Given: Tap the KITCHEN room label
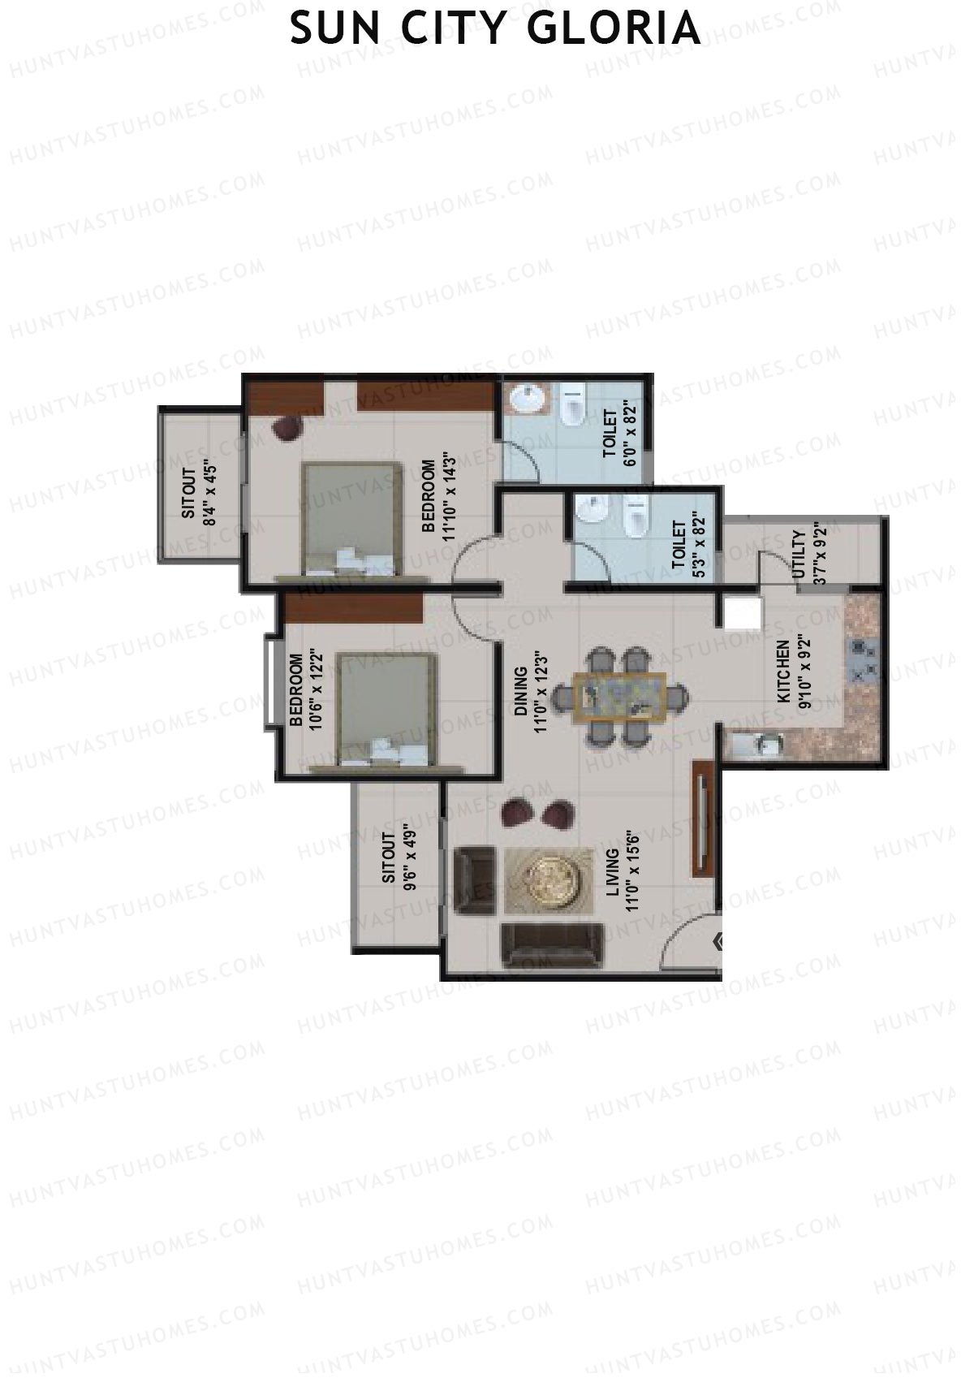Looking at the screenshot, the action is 782,672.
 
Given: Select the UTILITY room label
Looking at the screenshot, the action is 798,555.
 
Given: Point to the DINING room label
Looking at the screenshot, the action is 520,692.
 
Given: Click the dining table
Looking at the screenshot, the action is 620,697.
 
